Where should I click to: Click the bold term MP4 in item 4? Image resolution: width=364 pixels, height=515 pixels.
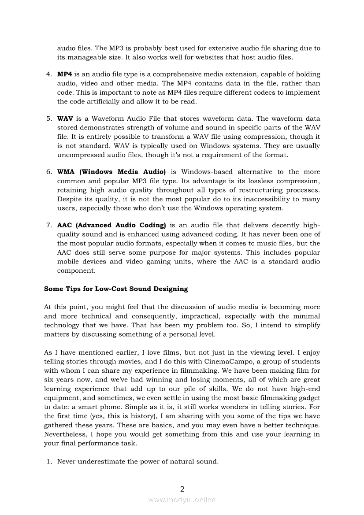click(x=65, y=74)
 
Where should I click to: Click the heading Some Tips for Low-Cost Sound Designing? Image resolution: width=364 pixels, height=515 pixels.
click(x=116, y=289)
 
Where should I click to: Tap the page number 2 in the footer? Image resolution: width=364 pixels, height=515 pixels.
click(x=182, y=489)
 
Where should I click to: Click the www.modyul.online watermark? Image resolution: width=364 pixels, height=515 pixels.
click(x=182, y=500)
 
